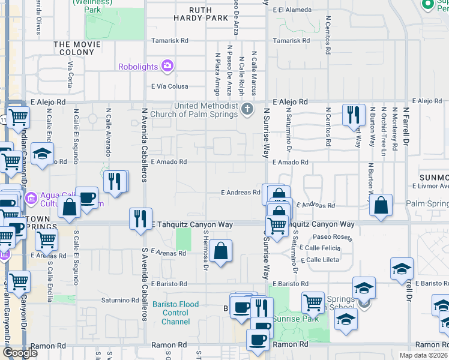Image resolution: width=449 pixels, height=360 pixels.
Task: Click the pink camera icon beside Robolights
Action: [x=167, y=65]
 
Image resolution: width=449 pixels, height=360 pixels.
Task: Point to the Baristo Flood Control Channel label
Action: [x=175, y=313]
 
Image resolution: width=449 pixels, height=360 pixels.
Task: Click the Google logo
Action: [x=20, y=353]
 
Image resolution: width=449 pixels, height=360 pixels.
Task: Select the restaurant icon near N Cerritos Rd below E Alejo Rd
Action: [x=354, y=113]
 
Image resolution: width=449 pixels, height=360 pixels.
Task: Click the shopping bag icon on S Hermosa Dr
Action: [x=221, y=250]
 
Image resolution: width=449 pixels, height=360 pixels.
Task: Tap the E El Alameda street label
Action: [x=291, y=10]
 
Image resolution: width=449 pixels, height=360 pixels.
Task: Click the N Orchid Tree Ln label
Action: [x=382, y=129]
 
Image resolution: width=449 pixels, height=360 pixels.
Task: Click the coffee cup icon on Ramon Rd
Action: [x=258, y=340]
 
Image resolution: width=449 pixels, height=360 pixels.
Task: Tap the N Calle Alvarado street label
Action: [x=108, y=129]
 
